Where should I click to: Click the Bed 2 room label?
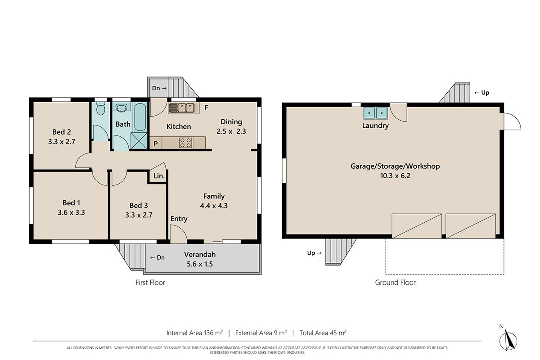[62, 132]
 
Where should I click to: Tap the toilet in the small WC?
[100, 108]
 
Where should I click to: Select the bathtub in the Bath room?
[140, 117]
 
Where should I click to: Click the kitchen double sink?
[184, 108]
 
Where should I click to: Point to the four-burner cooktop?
[185, 143]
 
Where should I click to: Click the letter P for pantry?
[156, 144]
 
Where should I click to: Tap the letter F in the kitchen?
[206, 108]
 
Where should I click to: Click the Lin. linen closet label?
[159, 176]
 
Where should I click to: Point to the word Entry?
[179, 219]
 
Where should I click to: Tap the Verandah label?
[200, 254]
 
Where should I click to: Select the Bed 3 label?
[139, 206]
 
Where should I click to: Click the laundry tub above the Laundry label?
[375, 113]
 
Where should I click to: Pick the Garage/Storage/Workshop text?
[395, 166]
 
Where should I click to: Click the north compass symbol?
[508, 340]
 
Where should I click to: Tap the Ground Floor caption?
[396, 283]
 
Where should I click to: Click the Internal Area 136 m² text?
[194, 333]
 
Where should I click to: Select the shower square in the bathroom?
[139, 141]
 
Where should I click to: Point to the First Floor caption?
[150, 283]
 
